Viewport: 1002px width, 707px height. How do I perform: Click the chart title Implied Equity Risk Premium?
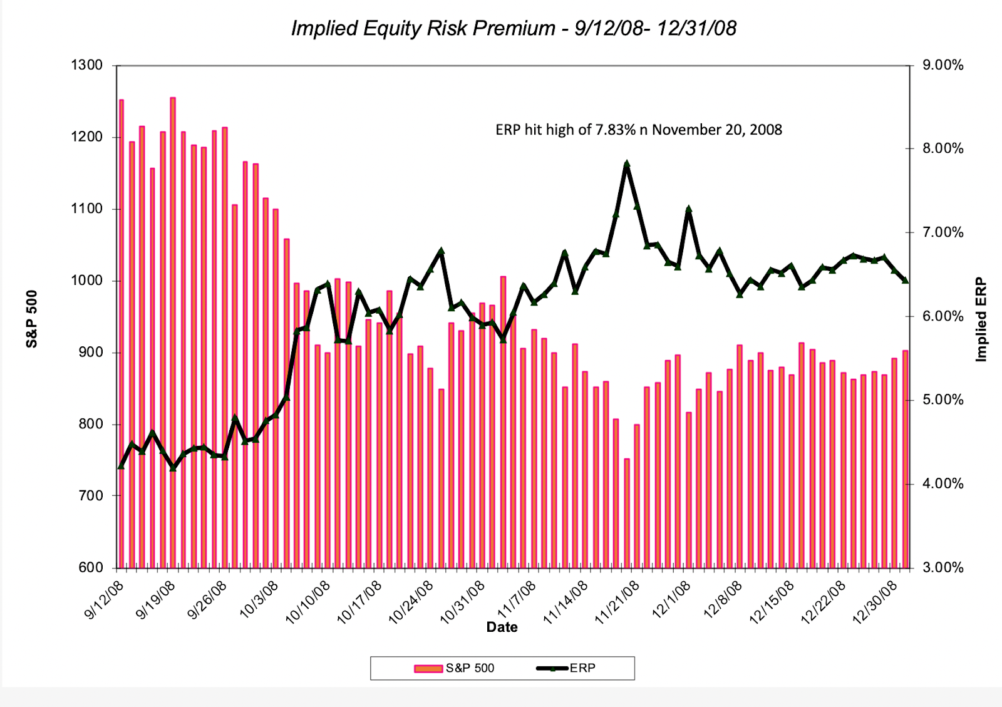[514, 28]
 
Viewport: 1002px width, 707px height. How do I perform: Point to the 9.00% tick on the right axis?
[943, 65]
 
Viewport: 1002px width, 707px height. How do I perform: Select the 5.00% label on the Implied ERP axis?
[943, 400]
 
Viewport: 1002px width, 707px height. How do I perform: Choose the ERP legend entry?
[566, 668]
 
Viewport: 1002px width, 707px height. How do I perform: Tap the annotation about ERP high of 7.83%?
[638, 130]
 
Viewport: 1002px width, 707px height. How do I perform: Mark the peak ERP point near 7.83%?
[626, 165]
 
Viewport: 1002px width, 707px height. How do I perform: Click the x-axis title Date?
[502, 627]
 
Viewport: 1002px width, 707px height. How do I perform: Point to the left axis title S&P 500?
[32, 319]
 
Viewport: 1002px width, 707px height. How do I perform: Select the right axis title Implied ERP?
[981, 319]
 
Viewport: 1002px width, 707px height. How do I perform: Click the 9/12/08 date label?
[104, 600]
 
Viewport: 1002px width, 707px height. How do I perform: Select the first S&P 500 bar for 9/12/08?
[121, 332]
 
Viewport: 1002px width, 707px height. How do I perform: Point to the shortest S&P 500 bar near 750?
[626, 513]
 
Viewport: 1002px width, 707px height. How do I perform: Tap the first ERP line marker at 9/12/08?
[121, 465]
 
